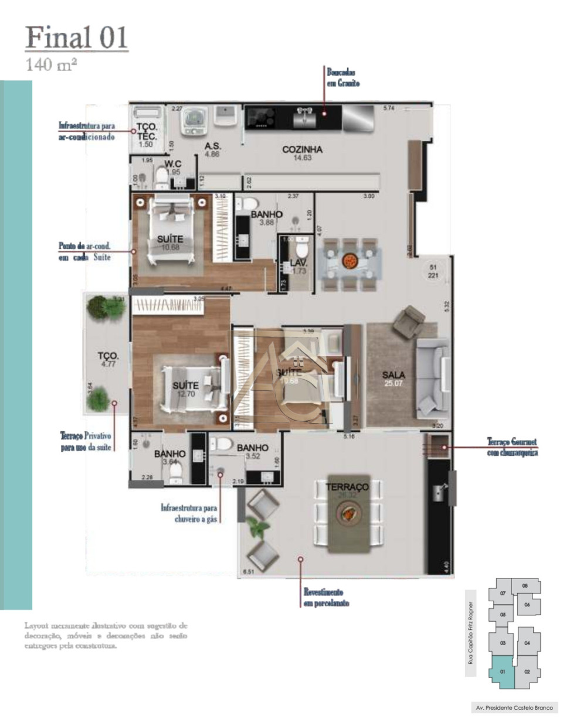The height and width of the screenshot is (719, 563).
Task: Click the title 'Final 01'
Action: (77, 38)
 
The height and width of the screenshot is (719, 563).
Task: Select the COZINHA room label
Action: (302, 150)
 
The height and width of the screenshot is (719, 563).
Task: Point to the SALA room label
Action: (394, 375)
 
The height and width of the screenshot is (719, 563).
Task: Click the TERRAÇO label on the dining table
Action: (347, 487)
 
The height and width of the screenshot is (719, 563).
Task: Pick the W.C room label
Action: (172, 164)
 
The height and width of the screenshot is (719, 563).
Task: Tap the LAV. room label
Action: (299, 263)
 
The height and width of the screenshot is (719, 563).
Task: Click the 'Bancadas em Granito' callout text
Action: (343, 78)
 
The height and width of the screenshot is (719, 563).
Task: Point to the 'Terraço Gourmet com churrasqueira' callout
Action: (512, 447)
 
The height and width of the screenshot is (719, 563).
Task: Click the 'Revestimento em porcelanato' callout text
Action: (323, 598)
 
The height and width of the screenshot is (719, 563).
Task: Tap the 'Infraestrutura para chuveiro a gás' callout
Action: (189, 513)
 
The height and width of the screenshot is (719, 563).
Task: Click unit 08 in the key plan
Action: (525, 585)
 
